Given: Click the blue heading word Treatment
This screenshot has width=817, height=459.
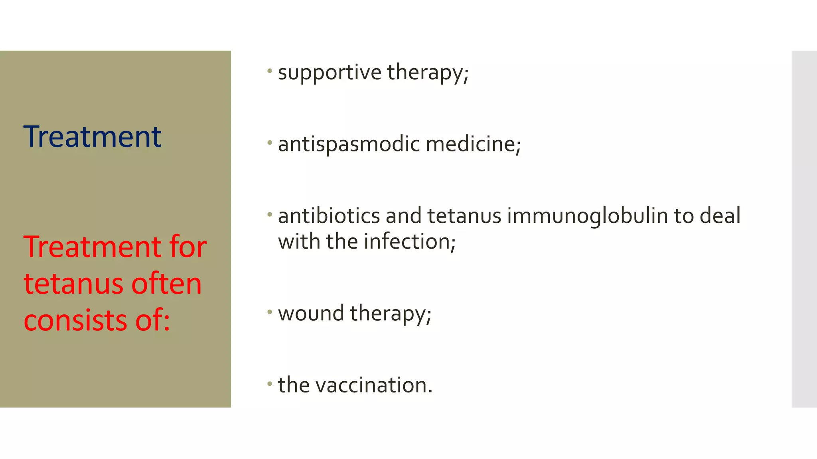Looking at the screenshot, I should [x=92, y=137].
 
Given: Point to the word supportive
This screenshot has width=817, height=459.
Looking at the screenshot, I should [x=330, y=73].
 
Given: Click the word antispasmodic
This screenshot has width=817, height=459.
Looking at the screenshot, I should [x=349, y=144].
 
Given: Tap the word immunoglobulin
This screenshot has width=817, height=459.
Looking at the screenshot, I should [x=587, y=216].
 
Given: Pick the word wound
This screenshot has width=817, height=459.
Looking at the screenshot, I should [x=311, y=313].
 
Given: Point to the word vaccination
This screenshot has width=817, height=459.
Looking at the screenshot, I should [x=374, y=385].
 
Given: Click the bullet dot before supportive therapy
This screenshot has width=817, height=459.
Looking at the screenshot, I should [x=270, y=71].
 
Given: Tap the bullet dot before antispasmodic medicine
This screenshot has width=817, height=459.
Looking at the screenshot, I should [x=270, y=143].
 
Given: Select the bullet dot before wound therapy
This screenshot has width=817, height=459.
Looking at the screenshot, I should [x=270, y=312].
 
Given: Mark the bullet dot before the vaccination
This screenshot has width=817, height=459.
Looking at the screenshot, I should [x=270, y=384].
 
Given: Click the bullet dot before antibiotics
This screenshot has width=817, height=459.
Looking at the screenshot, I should [x=270, y=215].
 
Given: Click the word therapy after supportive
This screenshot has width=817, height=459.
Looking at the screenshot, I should [x=428, y=73].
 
